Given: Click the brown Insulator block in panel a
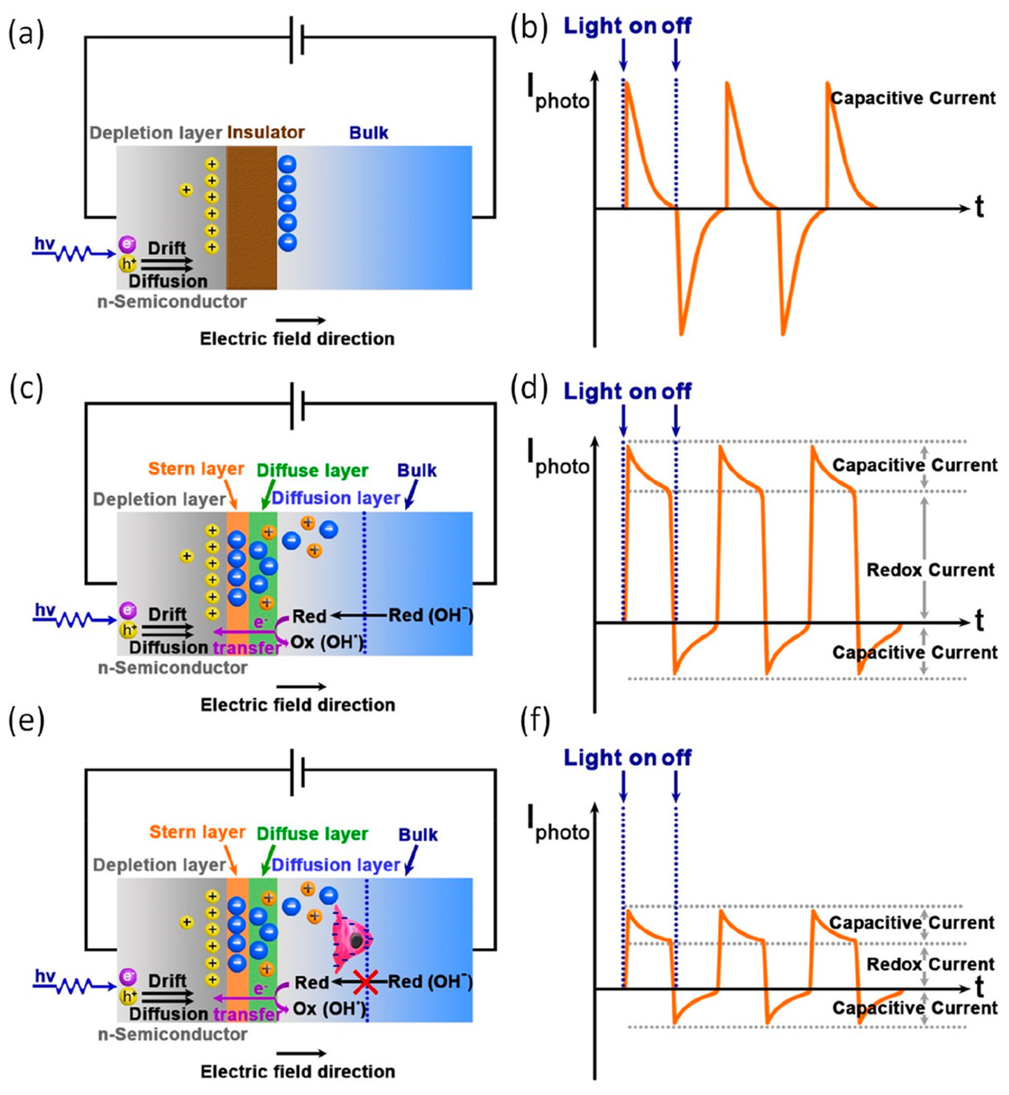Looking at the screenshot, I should click(251, 219).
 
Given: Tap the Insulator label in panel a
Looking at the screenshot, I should click(265, 133).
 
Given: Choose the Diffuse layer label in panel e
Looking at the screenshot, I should click(312, 834).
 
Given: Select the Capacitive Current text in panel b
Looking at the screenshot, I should click(913, 98).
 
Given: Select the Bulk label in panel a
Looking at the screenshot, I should click(369, 133).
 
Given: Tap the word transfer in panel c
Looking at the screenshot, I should click(247, 648).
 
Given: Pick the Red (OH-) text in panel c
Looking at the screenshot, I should click(430, 616).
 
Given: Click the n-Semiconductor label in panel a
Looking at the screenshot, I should click(172, 302).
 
